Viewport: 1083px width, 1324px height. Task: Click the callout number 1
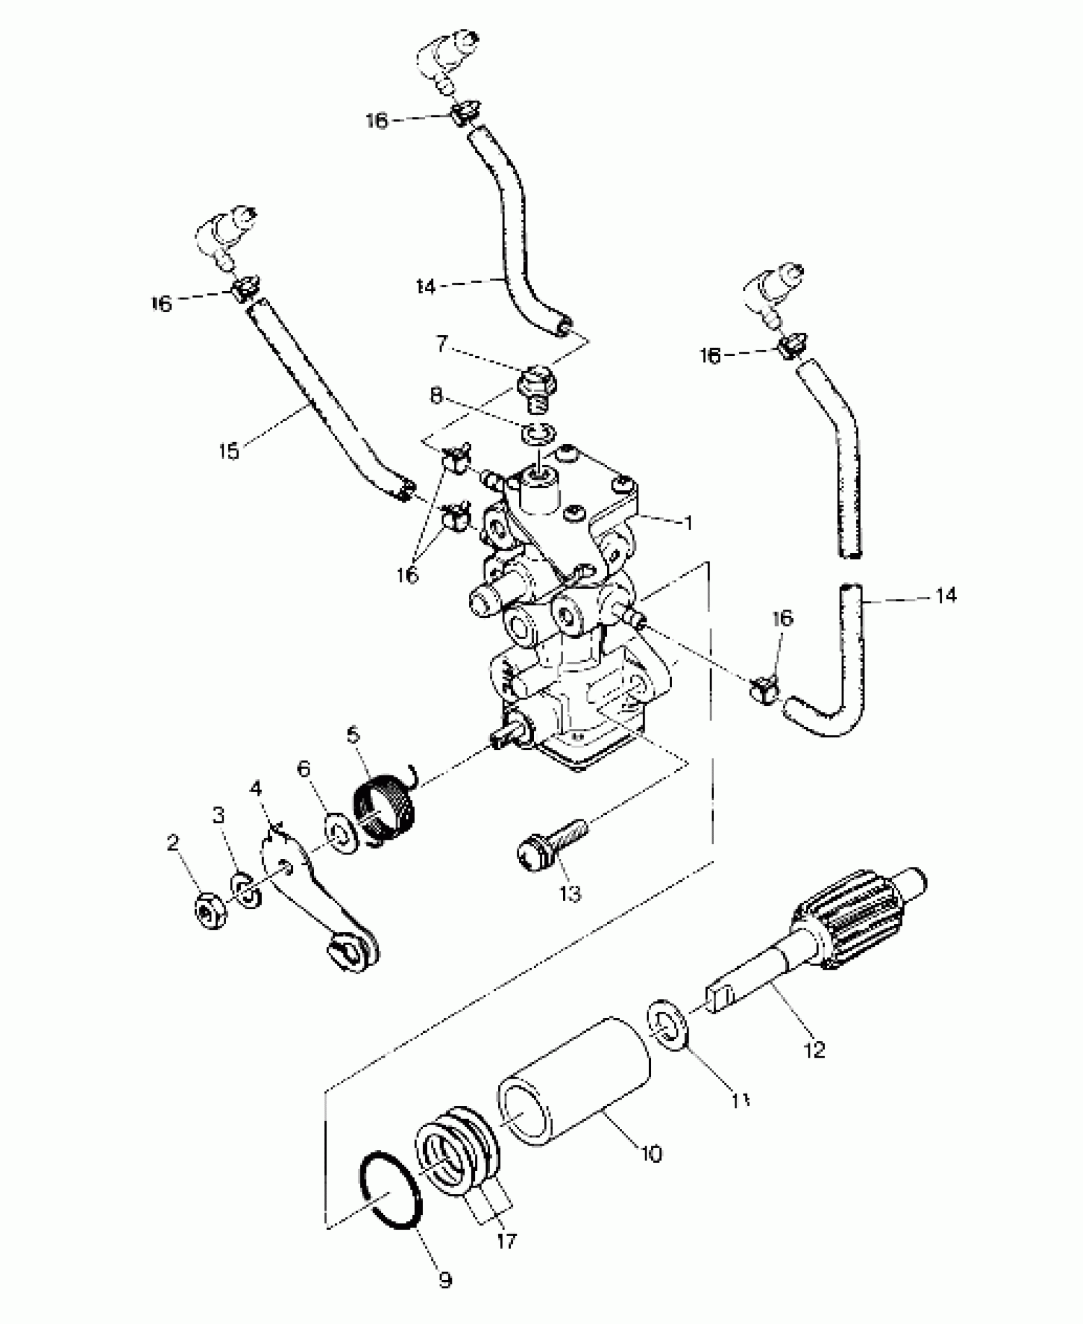pyautogui.click(x=687, y=523)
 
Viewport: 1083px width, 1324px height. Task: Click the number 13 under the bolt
pyautogui.click(x=571, y=894)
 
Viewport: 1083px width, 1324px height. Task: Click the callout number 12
pyautogui.click(x=815, y=1049)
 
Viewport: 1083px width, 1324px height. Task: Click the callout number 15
pyautogui.click(x=229, y=451)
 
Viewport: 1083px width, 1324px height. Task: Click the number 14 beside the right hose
pyautogui.click(x=946, y=596)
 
